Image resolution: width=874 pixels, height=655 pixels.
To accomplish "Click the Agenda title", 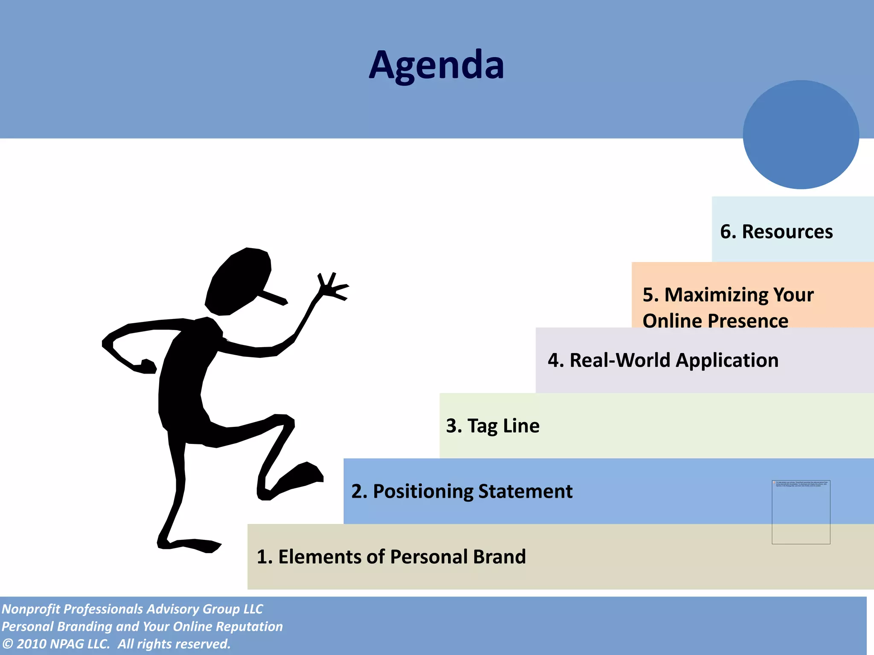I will pos(436,65).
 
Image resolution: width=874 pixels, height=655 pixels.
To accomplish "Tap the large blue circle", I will pos(801,134).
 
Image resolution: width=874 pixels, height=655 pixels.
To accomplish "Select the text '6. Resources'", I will pos(776,232).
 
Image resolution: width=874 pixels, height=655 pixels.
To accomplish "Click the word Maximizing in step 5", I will pos(717,295).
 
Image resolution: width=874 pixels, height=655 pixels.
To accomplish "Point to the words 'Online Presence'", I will pos(715,321).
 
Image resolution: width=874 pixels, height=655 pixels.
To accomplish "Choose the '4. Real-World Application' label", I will pos(663,360).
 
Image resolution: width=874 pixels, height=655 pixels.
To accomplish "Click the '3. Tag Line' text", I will pos(492,426).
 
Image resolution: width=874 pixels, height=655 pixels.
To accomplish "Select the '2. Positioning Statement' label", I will pos(462,491).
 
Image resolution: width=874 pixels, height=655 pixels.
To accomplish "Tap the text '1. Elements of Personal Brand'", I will pos(391,556).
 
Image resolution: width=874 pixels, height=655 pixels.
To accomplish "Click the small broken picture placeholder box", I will pos(801,512).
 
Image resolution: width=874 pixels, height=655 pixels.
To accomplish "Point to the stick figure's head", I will pos(239,281).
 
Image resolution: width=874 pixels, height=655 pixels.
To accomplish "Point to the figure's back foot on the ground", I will pos(192,545).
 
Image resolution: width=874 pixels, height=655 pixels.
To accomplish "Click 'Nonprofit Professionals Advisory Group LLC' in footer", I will pos(132,609).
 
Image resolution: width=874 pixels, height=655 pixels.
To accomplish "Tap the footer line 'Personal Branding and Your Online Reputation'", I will pos(142,626).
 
